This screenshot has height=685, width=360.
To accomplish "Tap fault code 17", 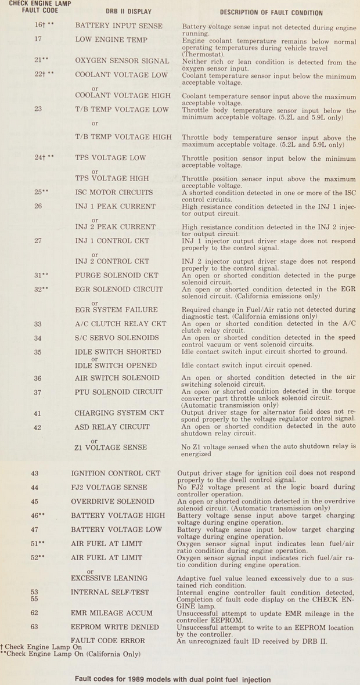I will pos(38,40).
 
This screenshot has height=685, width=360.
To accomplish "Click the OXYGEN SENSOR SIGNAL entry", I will pos(122,60).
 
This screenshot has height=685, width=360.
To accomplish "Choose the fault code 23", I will pos(38,109).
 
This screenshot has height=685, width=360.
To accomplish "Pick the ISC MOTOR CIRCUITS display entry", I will pos(114,192).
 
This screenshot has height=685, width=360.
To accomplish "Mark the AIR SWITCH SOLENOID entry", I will pos(117,378).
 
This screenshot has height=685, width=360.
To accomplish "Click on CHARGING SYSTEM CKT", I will pos(120,413).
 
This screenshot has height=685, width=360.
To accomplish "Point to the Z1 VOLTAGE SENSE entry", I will pos(110,448).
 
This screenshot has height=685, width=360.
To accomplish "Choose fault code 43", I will pos(35,474).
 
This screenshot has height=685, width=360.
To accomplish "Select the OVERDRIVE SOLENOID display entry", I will pos(113,502).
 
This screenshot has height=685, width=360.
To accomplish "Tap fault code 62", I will pos(35,613).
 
